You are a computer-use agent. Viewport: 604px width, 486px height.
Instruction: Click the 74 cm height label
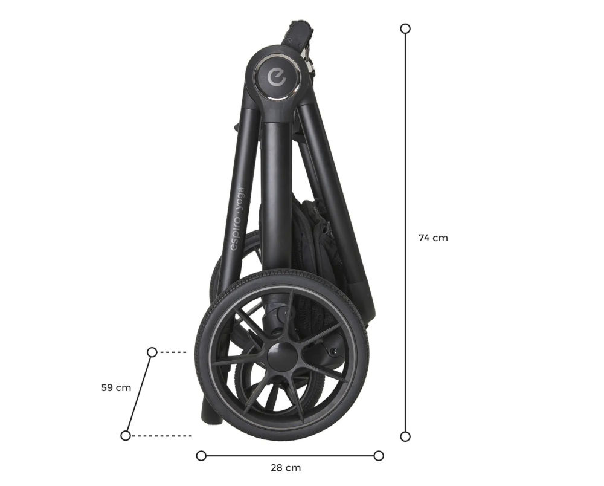point(433,238)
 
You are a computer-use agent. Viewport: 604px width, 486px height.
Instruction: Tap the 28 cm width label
point(286,468)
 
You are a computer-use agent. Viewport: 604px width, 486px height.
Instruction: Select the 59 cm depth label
point(116,387)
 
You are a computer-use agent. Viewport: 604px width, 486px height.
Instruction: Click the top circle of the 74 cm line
point(405,28)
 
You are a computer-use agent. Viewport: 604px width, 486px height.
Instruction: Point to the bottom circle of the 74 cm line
point(405,436)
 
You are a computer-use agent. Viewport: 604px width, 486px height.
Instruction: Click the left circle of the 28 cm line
point(201,456)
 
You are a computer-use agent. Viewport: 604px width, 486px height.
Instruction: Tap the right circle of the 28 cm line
point(379,456)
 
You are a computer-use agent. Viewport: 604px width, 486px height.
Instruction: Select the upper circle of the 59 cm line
point(152,352)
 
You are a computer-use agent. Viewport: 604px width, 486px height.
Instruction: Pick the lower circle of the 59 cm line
point(126,435)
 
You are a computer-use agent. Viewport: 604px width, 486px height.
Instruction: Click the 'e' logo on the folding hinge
point(277,76)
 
